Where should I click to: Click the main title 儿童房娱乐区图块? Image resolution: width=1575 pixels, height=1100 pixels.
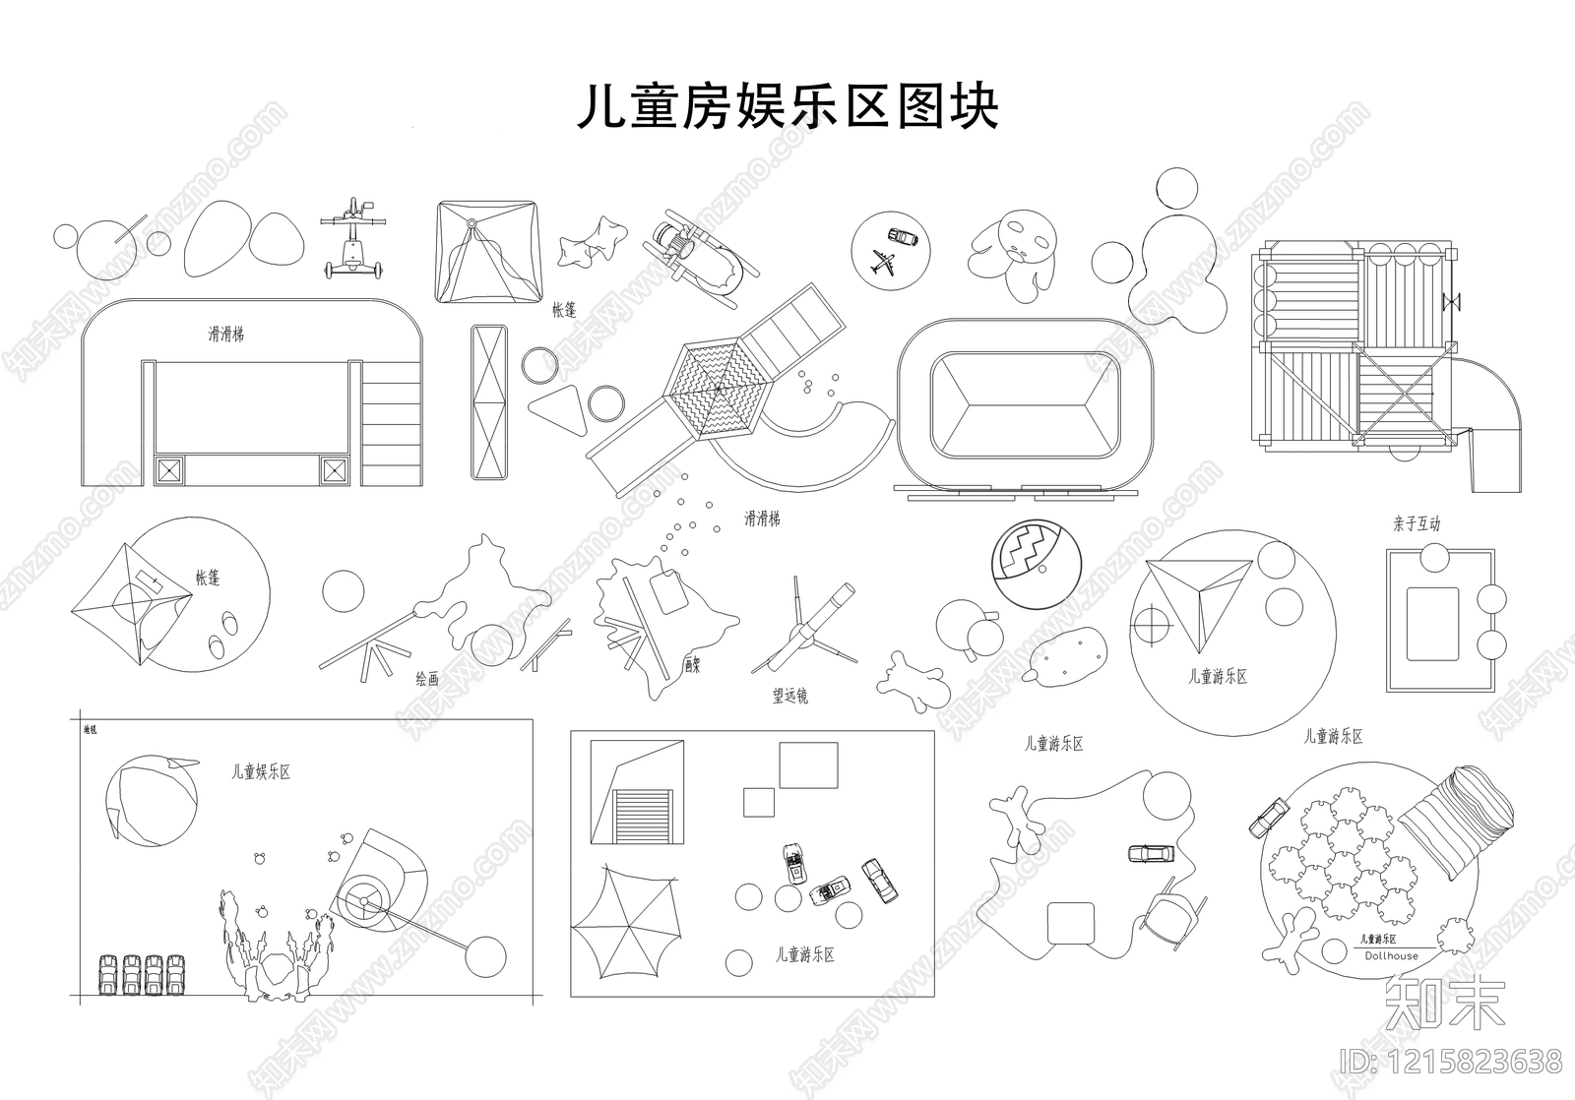click(x=787, y=107)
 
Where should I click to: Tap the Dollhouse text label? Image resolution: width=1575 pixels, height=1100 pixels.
click(x=1391, y=955)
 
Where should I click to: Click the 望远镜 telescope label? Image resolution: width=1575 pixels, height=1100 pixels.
click(x=789, y=697)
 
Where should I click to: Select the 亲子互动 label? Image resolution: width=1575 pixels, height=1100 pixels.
click(x=1416, y=524)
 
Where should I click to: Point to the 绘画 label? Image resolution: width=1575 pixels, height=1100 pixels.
click(x=426, y=679)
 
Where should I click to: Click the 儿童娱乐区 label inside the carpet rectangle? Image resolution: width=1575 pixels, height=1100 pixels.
click(x=261, y=773)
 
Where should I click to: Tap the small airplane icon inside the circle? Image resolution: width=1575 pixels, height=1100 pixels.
click(x=883, y=263)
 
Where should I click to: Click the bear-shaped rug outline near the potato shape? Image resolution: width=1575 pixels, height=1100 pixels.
click(x=913, y=680)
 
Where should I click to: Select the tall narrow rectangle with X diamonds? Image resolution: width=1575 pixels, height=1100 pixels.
click(x=491, y=402)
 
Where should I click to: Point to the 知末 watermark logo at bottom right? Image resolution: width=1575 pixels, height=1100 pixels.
click(x=1444, y=1003)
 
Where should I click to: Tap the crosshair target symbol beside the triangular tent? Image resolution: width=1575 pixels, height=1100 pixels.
click(x=1150, y=622)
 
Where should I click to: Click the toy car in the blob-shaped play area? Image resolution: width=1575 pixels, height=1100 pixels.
click(x=1150, y=853)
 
